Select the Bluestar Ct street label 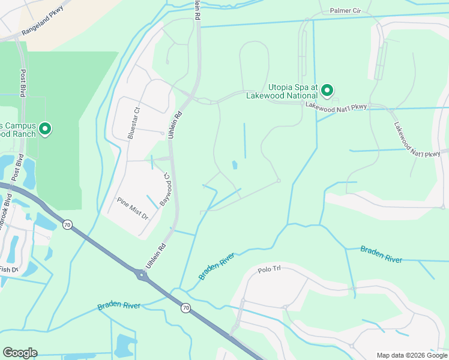(x=133, y=123)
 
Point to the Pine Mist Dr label (x=132, y=208)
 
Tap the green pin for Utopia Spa (x=327, y=91)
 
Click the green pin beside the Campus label (x=45, y=128)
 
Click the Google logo (x=20, y=353)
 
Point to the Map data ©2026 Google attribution (x=411, y=355)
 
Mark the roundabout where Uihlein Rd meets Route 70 (x=142, y=275)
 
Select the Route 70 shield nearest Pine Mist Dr (x=67, y=225)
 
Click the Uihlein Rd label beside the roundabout (x=155, y=256)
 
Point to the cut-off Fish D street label (x=8, y=269)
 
